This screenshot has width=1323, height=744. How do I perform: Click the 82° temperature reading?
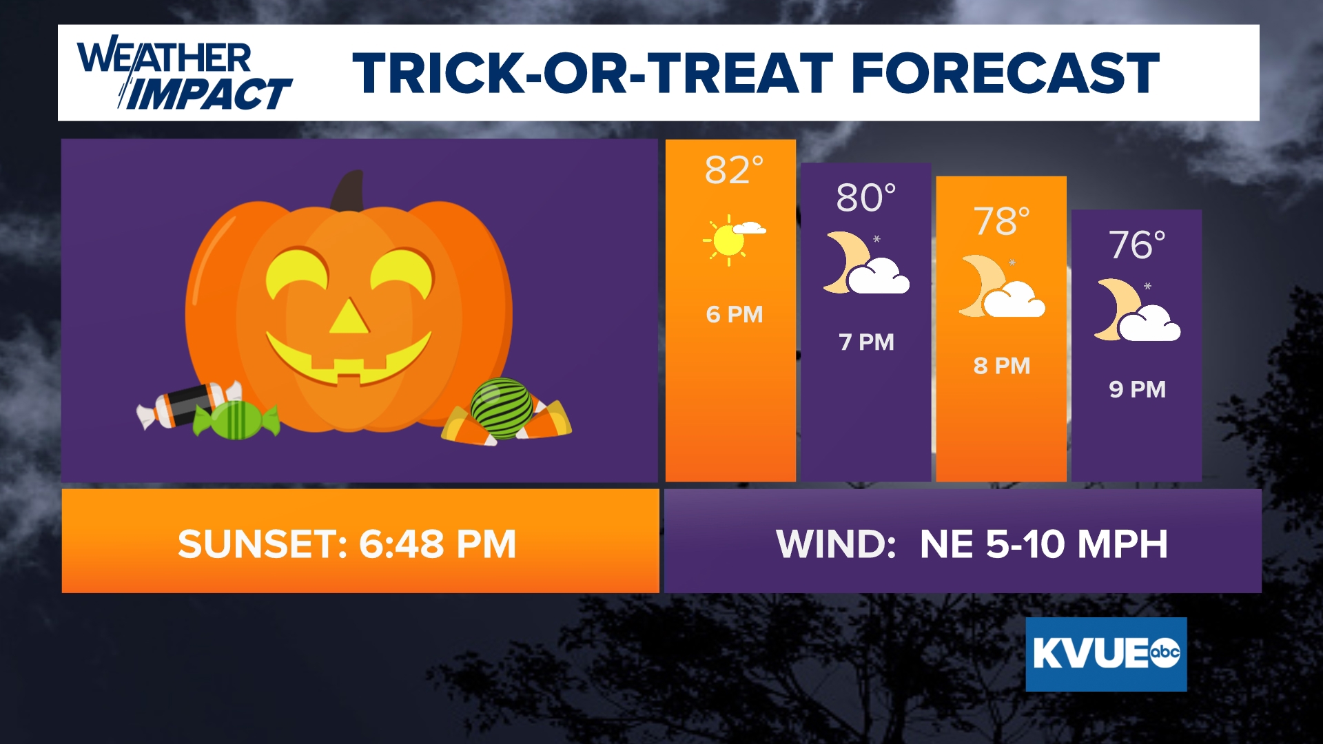pyautogui.click(x=734, y=169)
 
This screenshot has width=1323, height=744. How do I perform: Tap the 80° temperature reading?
pyautogui.click(x=866, y=198)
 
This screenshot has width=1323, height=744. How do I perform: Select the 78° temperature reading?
pyautogui.click(x=1001, y=221)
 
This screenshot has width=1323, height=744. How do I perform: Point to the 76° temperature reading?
pyautogui.click(x=1137, y=245)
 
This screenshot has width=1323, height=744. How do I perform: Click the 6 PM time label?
pyautogui.click(x=735, y=315)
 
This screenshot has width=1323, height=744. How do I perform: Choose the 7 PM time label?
pyautogui.click(x=866, y=342)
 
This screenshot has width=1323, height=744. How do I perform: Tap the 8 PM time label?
pyautogui.click(x=1002, y=366)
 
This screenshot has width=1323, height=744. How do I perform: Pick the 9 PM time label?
pyautogui.click(x=1137, y=389)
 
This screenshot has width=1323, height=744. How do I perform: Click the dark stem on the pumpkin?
pyautogui.click(x=348, y=191)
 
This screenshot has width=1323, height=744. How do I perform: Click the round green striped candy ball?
pyautogui.click(x=501, y=408)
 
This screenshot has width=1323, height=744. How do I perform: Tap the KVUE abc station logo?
pyautogui.click(x=1106, y=654)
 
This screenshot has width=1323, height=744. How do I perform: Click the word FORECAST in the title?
pyautogui.click(x=1005, y=73)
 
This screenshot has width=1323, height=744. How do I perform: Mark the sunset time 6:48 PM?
pyautogui.click(x=437, y=544)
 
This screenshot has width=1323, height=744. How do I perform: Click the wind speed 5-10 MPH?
pyautogui.click(x=1077, y=544)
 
